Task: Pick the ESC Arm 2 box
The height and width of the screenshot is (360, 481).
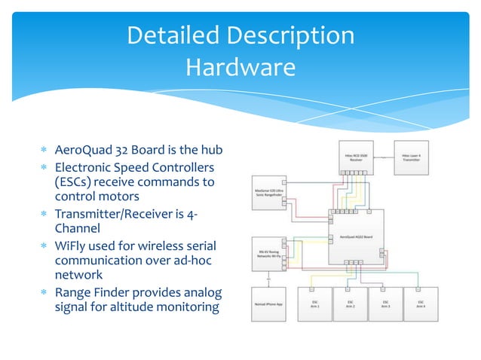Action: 351,304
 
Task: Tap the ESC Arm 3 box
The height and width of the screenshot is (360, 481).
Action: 386,304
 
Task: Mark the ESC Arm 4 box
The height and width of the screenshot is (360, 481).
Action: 421,304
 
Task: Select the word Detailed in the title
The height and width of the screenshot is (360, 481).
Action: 174,35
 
